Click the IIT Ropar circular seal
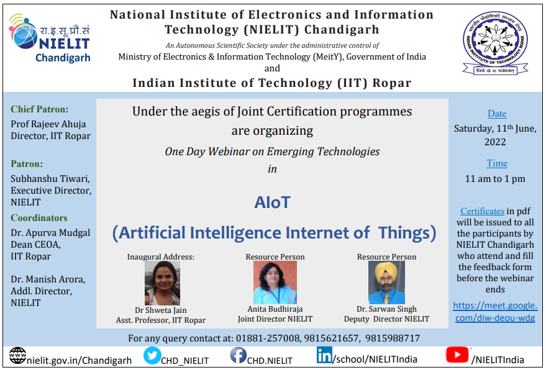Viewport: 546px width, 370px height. pos(495,39)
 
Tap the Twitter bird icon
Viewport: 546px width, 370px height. pos(152,355)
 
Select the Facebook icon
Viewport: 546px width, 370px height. pos(238,355)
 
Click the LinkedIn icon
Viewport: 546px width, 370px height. pos(324,354)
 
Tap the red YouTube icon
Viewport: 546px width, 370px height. pos(457,354)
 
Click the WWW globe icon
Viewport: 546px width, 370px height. pos(17,355)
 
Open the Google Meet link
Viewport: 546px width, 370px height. pos(495,312)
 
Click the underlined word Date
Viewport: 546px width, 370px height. pos(497,114)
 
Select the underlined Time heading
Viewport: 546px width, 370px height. pos(497,163)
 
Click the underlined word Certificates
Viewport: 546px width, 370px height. pos(482,211)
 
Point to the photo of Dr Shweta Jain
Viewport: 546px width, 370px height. pos(162,283)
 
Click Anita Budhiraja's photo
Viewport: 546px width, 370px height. pos(275,282)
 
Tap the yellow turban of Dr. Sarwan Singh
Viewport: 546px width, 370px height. pos(386,270)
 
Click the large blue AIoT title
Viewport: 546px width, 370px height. pos(272,202)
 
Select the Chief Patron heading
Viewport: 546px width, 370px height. pos(39,109)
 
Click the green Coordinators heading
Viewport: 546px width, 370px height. pos(39,218)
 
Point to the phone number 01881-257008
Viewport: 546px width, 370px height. pos(268,338)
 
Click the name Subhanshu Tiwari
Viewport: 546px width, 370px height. pos(50,179)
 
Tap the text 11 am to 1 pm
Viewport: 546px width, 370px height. pos(495,179)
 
